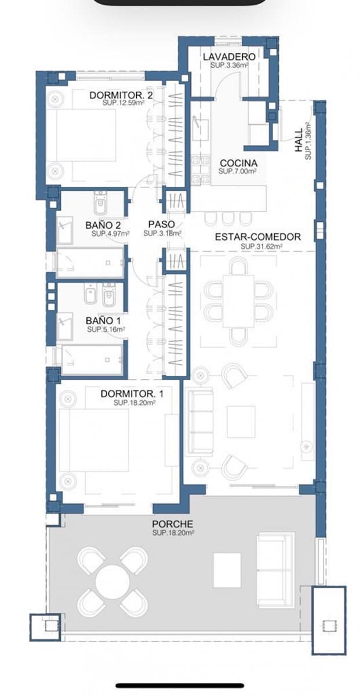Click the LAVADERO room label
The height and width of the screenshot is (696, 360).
(229, 57)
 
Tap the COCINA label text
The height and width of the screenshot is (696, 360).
(238, 164)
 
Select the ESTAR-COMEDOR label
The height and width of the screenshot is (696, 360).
(257, 237)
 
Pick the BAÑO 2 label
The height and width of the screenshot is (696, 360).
(103, 224)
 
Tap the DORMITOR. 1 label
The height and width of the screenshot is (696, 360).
(132, 394)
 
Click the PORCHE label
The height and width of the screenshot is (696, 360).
(173, 524)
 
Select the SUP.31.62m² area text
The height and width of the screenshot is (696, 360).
(261, 246)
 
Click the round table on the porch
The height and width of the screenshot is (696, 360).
(113, 581)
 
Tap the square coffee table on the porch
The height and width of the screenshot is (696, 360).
(227, 570)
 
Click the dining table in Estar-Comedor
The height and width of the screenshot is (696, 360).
(239, 300)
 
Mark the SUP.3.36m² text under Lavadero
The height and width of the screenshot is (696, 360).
(230, 66)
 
